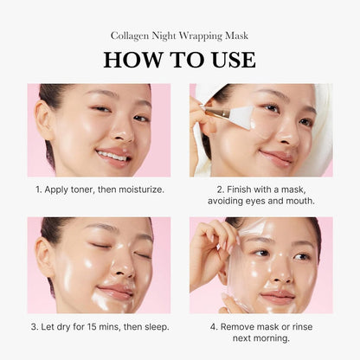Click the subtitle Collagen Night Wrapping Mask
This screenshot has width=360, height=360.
(179, 35)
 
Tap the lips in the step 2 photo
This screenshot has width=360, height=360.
(276, 157)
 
